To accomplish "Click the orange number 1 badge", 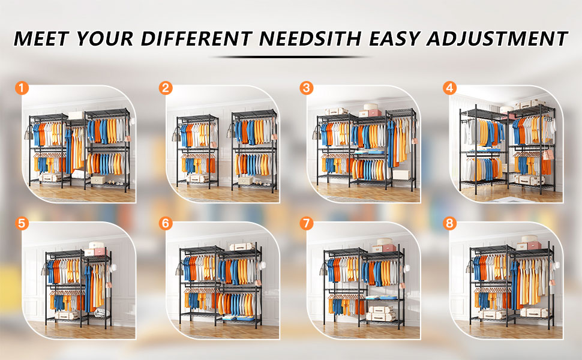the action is click(22, 88).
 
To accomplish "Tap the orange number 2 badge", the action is click(166, 88).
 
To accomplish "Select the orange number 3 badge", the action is click(307, 88).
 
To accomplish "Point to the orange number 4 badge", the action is click(450, 88).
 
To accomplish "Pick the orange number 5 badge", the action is click(22, 223).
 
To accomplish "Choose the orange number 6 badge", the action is click(166, 223).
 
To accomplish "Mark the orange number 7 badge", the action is click(307, 223).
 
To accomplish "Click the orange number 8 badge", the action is click(450, 223).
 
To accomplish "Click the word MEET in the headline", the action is click(41, 38).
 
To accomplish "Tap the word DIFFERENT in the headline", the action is click(197, 38).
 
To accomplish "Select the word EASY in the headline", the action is click(395, 38).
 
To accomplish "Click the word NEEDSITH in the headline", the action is click(311, 38).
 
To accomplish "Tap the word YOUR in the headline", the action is click(106, 38).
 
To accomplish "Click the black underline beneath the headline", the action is click(290, 57).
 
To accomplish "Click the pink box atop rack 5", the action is click(101, 252).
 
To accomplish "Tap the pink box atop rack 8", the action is click(534, 245).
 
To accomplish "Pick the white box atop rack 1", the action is click(76, 115).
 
